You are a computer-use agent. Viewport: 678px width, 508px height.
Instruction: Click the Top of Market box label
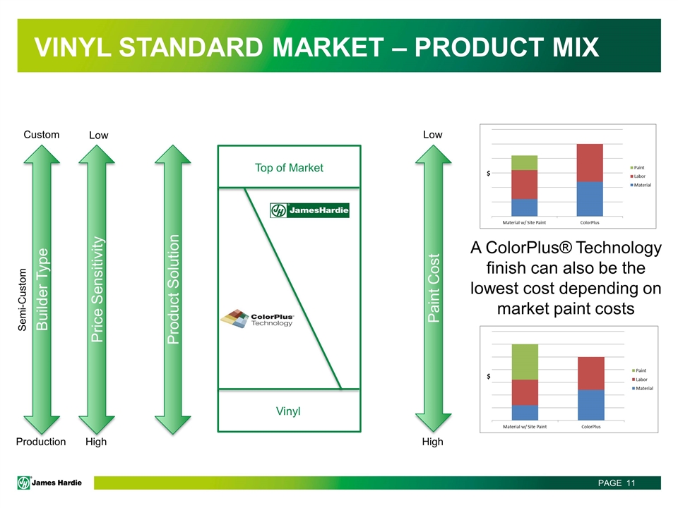point(289,168)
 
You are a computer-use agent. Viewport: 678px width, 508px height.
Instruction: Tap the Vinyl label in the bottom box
point(288,411)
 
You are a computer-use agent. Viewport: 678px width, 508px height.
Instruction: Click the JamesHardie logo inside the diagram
point(309,210)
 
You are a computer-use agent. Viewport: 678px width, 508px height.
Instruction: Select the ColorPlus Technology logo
point(257,319)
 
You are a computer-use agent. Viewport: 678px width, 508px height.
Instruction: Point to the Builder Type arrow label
point(42,289)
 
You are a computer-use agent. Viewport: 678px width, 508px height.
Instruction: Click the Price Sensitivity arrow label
point(97,289)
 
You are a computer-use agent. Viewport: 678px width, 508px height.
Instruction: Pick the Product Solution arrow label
point(173,289)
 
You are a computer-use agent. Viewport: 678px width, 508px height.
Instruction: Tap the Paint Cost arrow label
point(433,288)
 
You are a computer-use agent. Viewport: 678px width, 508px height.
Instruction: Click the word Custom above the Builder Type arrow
point(42,135)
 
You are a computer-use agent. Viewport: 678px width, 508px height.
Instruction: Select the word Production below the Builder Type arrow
point(41,442)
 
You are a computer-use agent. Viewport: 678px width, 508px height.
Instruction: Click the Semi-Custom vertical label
point(22,300)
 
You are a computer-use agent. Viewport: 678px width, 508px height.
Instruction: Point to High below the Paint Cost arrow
point(432,442)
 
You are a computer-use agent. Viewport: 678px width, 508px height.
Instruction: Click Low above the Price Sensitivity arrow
point(99,135)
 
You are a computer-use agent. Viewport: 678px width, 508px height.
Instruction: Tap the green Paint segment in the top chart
point(524,163)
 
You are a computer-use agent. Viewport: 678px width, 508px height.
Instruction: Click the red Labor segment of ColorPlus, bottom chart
point(591,374)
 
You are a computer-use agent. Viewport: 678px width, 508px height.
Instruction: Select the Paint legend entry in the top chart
point(637,168)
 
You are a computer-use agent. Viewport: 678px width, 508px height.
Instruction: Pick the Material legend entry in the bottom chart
point(643,388)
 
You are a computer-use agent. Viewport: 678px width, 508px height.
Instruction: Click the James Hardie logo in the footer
point(49,483)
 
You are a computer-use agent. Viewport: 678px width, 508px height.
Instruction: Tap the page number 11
point(631,483)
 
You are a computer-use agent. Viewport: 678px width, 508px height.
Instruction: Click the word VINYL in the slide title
point(73,47)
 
